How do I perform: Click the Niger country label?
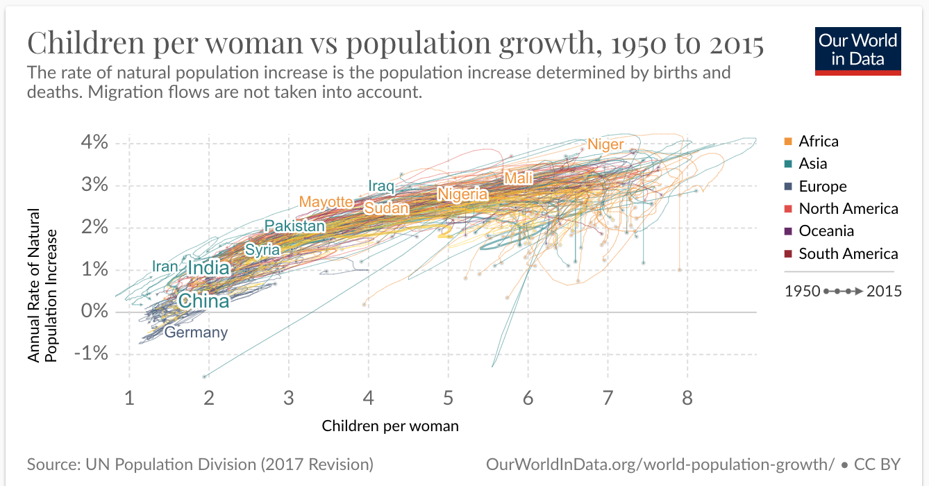pyautogui.click(x=606, y=144)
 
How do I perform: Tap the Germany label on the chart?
pyautogui.click(x=196, y=333)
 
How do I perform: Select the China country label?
pyautogui.click(x=203, y=301)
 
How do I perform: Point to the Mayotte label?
pyautogui.click(x=326, y=202)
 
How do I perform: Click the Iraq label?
pyautogui.click(x=381, y=186)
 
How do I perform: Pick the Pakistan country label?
pyautogui.click(x=294, y=226)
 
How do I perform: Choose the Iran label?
pyautogui.click(x=165, y=267)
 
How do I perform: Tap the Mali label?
pyautogui.click(x=519, y=178)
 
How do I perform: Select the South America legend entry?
pyautogui.click(x=848, y=253)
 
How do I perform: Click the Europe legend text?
pyautogui.click(x=823, y=186)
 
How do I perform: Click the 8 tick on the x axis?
pyautogui.click(x=687, y=399)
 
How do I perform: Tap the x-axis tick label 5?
pyautogui.click(x=449, y=399)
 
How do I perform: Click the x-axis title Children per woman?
pyautogui.click(x=390, y=426)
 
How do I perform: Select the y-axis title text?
pyautogui.click(x=42, y=285)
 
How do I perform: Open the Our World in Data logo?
pyautogui.click(x=857, y=50)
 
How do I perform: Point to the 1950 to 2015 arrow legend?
pyautogui.click(x=843, y=291)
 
